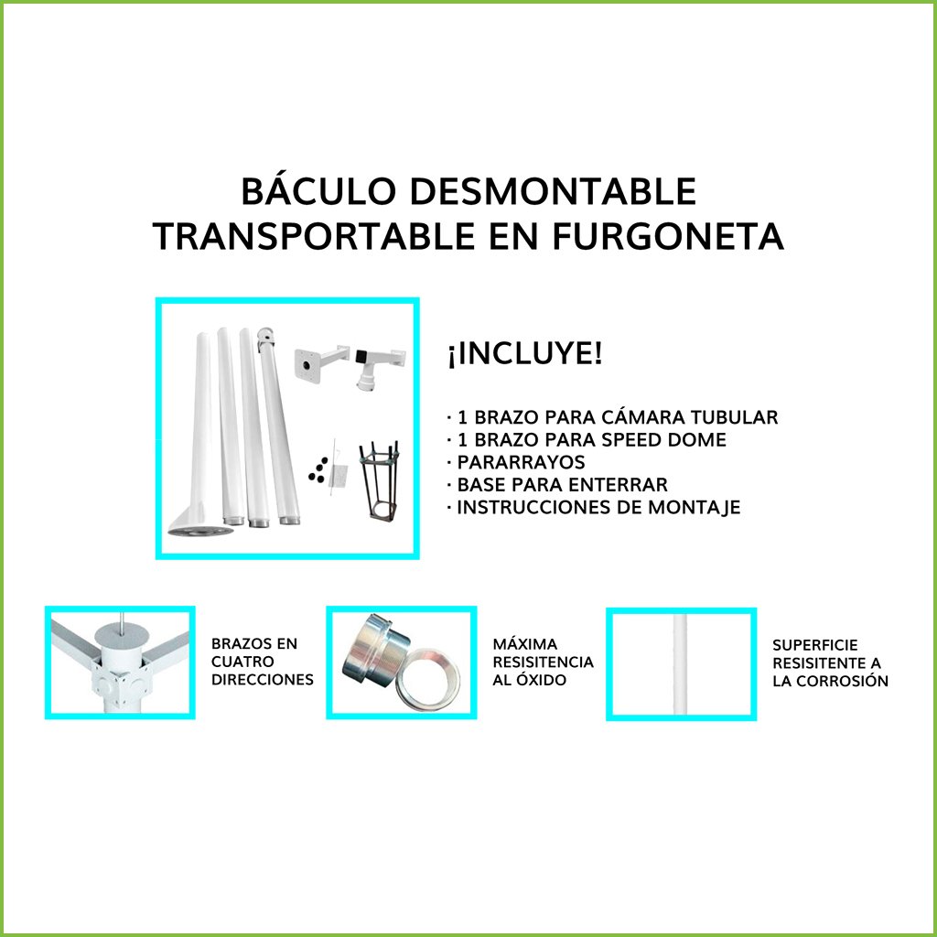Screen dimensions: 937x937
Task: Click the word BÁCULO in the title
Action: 318,192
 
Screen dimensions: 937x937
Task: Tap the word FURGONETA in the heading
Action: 667,236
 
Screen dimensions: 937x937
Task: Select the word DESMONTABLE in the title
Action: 553,192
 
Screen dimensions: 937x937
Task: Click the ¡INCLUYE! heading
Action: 524,354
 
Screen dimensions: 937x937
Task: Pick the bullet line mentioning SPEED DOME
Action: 587,440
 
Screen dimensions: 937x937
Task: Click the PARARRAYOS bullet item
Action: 516,462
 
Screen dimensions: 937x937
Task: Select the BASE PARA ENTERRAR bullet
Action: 557,485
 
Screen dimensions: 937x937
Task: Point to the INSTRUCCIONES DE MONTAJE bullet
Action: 594,507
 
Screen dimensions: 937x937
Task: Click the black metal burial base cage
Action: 378,480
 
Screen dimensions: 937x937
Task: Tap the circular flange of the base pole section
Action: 199,531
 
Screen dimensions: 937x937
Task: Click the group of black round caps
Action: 318,469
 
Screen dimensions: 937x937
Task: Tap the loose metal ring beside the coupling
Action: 428,678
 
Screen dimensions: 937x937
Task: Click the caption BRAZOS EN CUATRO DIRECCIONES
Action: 263,662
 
